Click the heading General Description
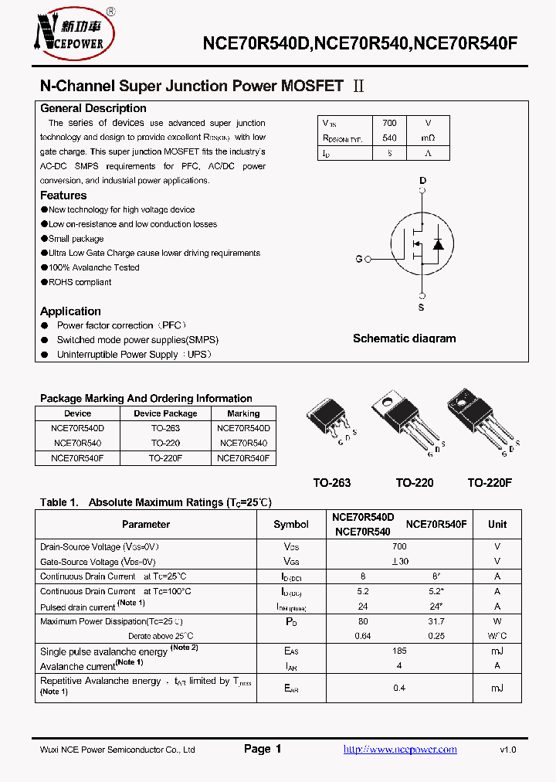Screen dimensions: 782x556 coord(93,108)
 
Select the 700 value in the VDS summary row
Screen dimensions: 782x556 coord(389,123)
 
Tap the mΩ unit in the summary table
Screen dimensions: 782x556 coord(428,138)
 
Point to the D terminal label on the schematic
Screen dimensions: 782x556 coord(422,181)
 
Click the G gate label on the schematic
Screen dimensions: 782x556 coord(358,259)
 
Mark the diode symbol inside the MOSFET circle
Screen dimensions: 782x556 coord(438,245)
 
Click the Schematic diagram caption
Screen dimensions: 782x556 coord(404,338)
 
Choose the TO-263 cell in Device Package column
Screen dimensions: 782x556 coord(165,428)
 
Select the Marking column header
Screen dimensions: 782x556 coord(243,413)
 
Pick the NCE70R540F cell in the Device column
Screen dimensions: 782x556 coord(77,457)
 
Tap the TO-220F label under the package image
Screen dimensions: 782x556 coord(490,482)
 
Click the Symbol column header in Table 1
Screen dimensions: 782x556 coord(291,524)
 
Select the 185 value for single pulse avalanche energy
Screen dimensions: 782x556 coord(399,651)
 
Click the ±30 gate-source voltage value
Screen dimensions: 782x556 coord(399,562)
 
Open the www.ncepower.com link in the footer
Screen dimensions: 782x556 coord(399,750)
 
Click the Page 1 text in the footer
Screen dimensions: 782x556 coord(263,749)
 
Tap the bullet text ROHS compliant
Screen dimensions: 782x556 coord(80,282)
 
